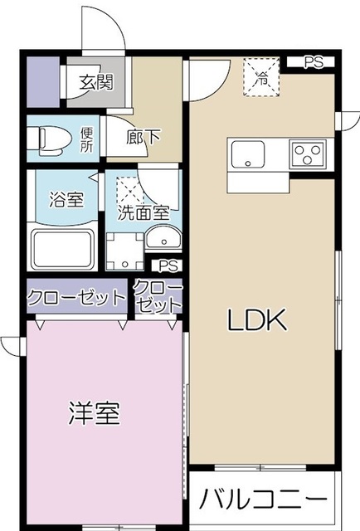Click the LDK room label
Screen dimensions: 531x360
tap(258, 319)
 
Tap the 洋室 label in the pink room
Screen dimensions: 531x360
tap(93, 413)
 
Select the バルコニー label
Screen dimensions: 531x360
tap(262, 500)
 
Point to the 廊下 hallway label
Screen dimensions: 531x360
tap(142, 137)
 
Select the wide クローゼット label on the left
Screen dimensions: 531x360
tap(75, 297)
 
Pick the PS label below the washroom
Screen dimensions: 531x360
tap(168, 266)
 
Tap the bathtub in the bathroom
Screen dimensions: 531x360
tap(61, 246)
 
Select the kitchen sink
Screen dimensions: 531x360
tap(248, 154)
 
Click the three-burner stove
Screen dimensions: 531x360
tap(307, 154)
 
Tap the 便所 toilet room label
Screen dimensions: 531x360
tap(88, 139)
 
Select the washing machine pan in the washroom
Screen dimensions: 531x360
tap(124, 247)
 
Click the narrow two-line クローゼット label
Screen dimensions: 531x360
tap(157, 296)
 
